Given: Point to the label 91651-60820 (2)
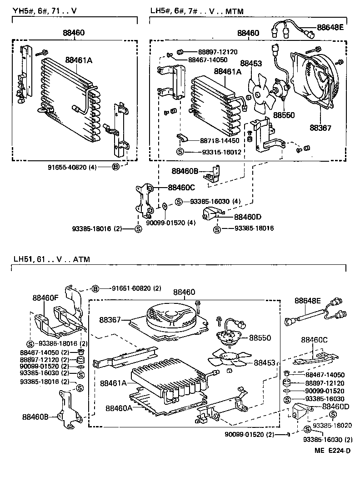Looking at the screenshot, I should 131,288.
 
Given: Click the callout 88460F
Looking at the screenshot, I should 45,298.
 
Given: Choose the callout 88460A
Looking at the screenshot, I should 119,408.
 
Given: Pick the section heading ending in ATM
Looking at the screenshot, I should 51,259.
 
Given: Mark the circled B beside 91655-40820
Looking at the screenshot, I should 115,167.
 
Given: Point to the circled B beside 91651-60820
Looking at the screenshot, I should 95,288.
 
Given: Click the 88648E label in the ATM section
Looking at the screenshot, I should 308,300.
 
